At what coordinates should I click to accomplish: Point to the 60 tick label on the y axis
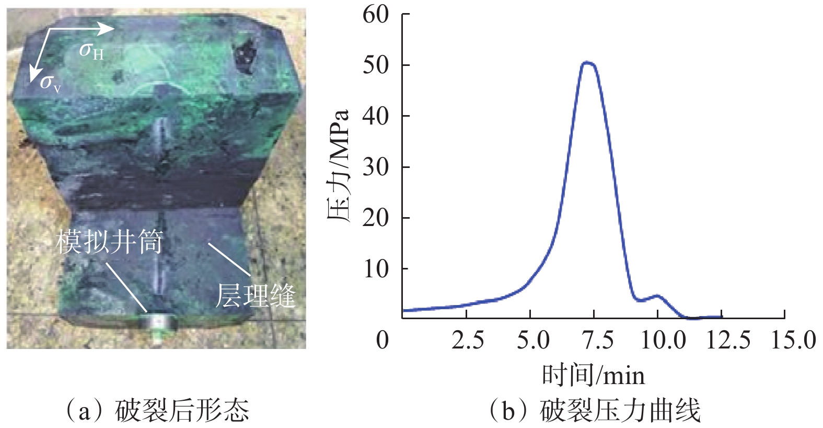[x=376, y=14]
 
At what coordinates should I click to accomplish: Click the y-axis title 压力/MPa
[x=339, y=166]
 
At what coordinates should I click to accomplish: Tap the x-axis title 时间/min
[x=593, y=375]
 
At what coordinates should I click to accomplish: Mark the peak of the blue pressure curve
[x=588, y=63]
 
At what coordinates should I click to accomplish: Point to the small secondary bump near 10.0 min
[x=657, y=296]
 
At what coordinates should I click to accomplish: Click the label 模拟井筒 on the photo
[x=110, y=242]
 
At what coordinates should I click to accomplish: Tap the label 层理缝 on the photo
[x=256, y=296]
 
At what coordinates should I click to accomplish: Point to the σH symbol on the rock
[x=91, y=51]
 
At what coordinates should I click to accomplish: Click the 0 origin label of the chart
[x=382, y=341]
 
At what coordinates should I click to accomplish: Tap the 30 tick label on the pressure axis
[x=376, y=167]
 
